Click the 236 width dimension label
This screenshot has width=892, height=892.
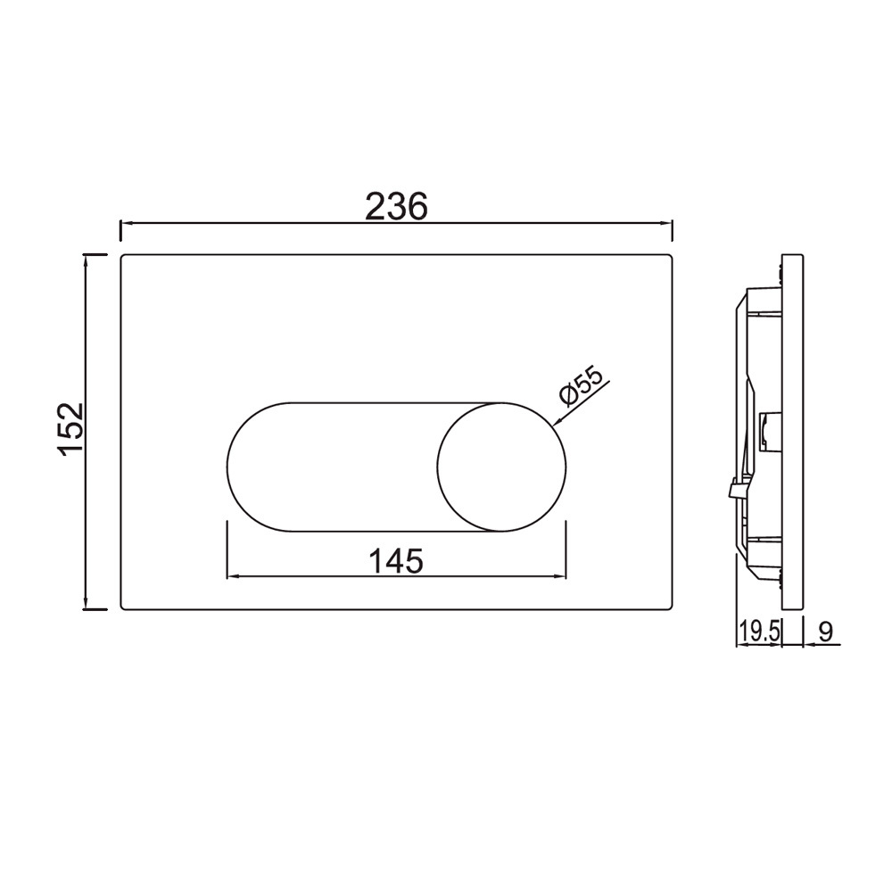pyautogui.click(x=396, y=206)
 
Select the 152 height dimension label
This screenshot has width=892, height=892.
pyautogui.click(x=71, y=430)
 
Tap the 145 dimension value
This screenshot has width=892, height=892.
pyautogui.click(x=397, y=561)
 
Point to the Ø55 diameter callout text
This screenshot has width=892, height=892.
pyautogui.click(x=581, y=386)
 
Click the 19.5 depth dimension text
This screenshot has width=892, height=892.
pyautogui.click(x=759, y=632)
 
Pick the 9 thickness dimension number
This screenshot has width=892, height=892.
pyautogui.click(x=825, y=632)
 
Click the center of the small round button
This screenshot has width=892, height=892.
pyautogui.click(x=501, y=467)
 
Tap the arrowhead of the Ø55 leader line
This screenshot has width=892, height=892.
pyautogui.click(x=557, y=422)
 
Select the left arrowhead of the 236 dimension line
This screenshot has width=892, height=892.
pyautogui.click(x=127, y=224)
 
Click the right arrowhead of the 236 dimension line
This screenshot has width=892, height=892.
pyautogui.click(x=666, y=224)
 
